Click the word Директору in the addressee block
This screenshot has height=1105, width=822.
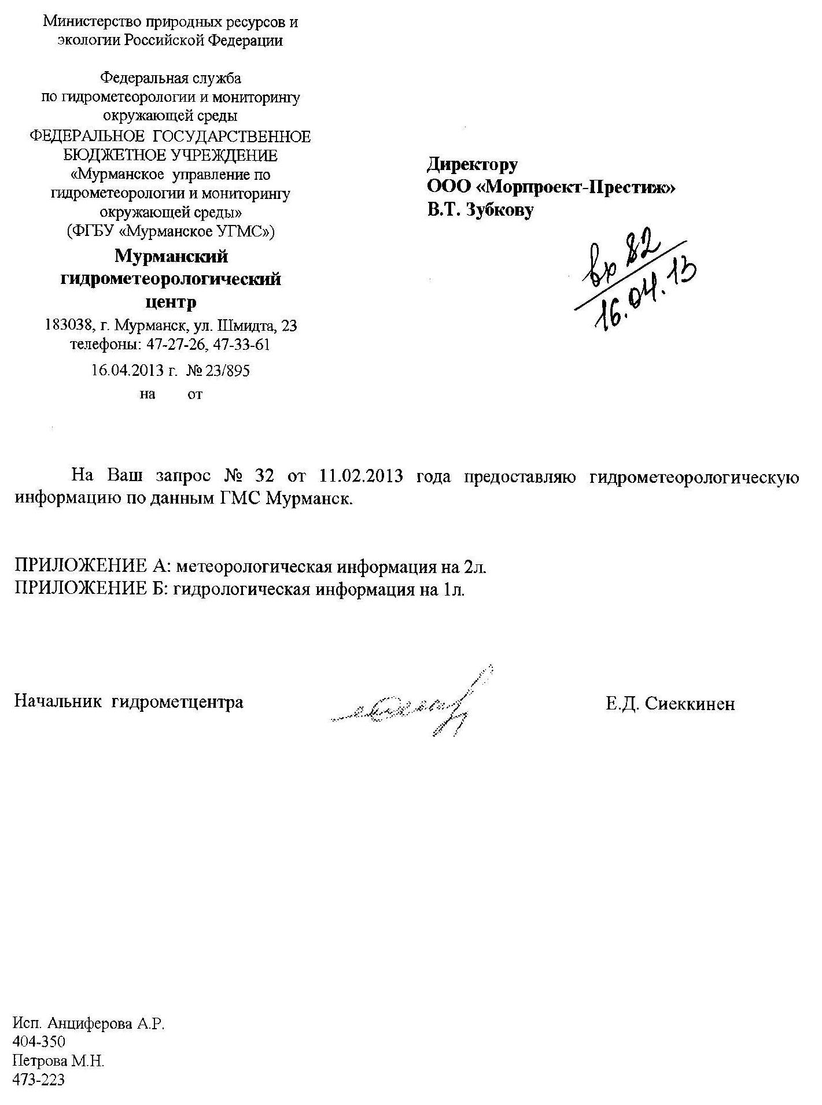[472, 165]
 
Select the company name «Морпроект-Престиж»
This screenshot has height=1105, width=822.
[578, 187]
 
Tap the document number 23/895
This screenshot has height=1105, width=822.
[226, 371]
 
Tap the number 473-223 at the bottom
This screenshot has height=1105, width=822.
[39, 1080]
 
